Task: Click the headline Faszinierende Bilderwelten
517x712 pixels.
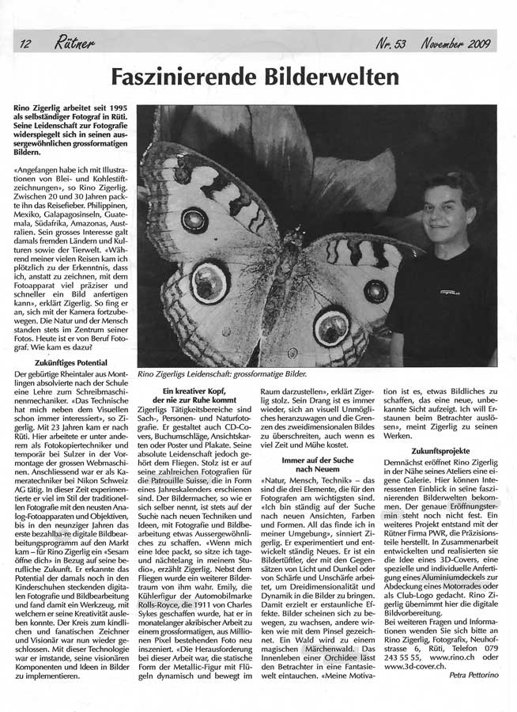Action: click(x=255, y=77)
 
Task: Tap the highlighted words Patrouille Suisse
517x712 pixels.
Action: click(x=193, y=480)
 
